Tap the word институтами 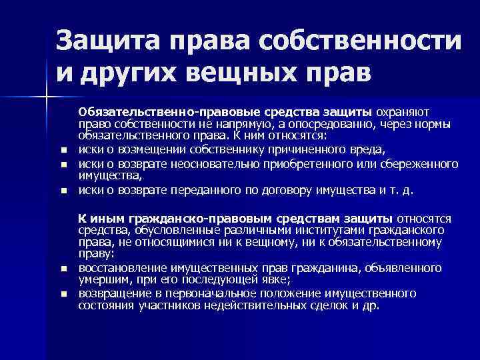click(x=310, y=231)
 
